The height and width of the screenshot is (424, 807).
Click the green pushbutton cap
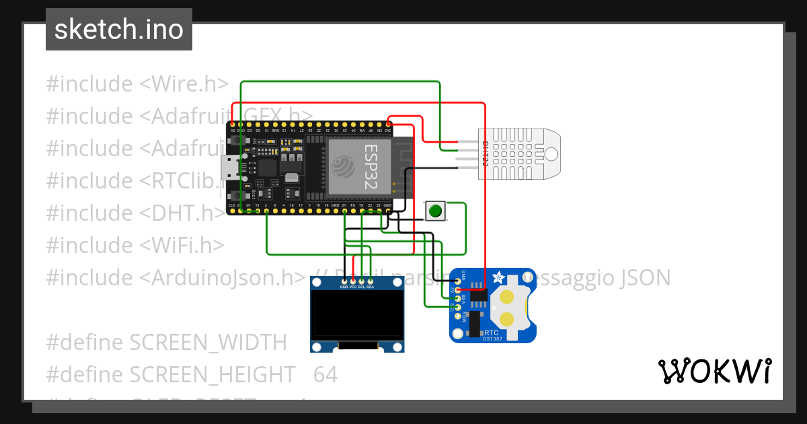(436, 211)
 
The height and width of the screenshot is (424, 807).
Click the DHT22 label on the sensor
(485, 154)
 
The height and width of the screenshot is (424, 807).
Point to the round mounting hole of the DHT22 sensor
(550, 154)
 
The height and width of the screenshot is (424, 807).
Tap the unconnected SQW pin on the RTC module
(458, 316)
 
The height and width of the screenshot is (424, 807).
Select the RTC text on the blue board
(492, 332)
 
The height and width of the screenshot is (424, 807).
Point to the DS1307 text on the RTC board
(492, 339)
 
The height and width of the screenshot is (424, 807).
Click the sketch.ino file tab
(119, 30)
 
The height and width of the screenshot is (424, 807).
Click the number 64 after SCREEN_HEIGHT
(325, 374)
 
